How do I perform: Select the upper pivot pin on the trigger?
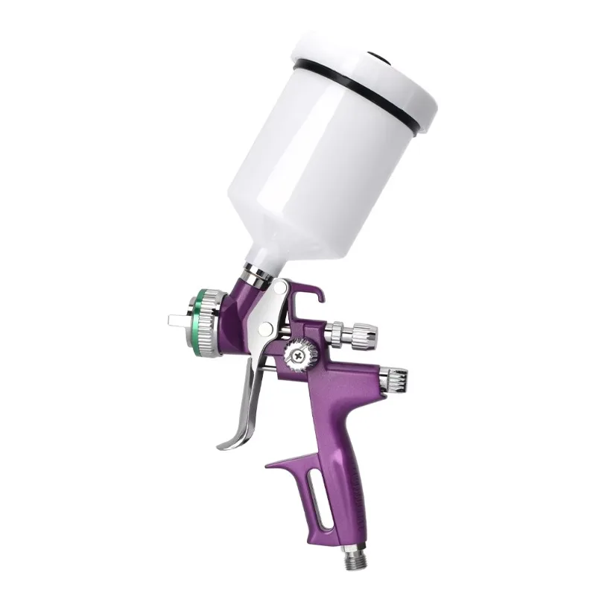282,287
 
